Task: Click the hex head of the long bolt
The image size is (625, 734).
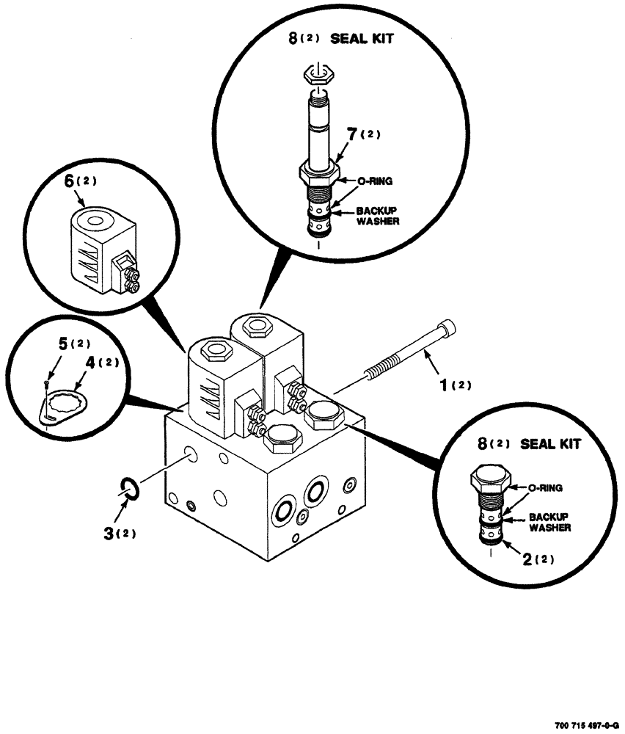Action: (449, 328)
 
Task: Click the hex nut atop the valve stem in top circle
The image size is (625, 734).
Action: (318, 73)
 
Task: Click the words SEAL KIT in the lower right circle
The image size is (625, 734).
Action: (550, 443)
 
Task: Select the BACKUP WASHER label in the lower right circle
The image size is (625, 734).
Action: (549, 522)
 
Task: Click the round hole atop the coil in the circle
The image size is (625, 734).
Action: (93, 219)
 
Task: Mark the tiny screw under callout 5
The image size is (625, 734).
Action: (47, 382)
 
